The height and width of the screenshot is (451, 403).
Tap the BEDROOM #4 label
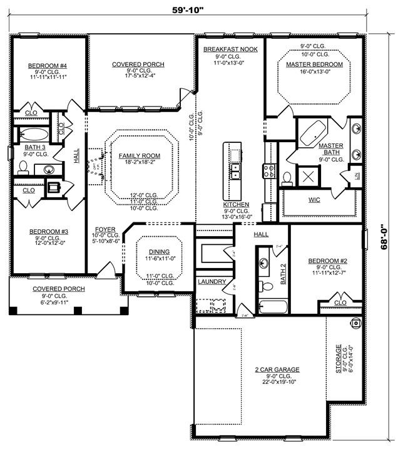point(47,65)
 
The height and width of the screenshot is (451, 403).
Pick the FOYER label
point(105,229)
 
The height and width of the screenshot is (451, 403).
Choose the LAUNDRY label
point(212,282)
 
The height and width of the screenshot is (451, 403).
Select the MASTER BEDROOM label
point(314,64)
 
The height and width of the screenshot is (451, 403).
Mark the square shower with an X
point(307,175)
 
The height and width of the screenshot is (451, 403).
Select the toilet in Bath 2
point(266,286)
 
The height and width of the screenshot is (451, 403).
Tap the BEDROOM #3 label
point(48,231)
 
